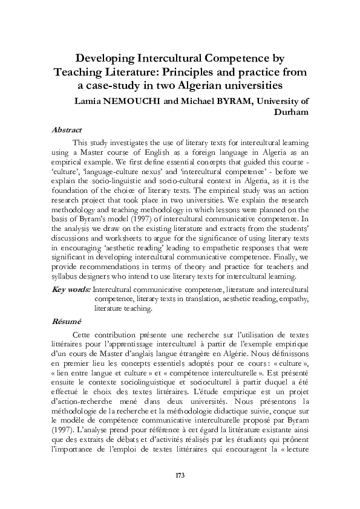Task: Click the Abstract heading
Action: click(x=67, y=130)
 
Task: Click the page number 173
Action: click(x=180, y=475)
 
